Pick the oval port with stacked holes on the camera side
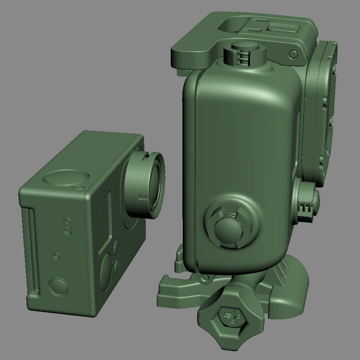(x=68, y=226)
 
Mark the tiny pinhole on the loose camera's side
(x=57, y=256)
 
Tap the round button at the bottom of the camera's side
(x=59, y=286)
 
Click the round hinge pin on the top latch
(x=293, y=54)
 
